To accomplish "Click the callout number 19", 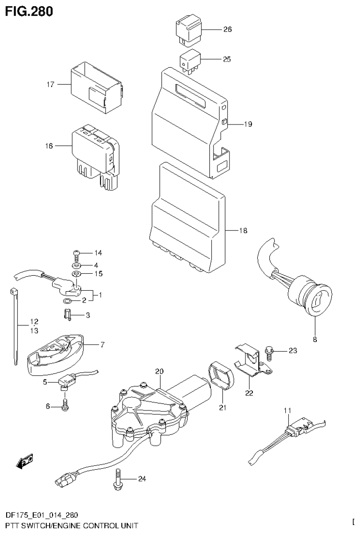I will click(248, 124).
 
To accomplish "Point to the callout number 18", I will click(243, 231).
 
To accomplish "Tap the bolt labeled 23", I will click(269, 351).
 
